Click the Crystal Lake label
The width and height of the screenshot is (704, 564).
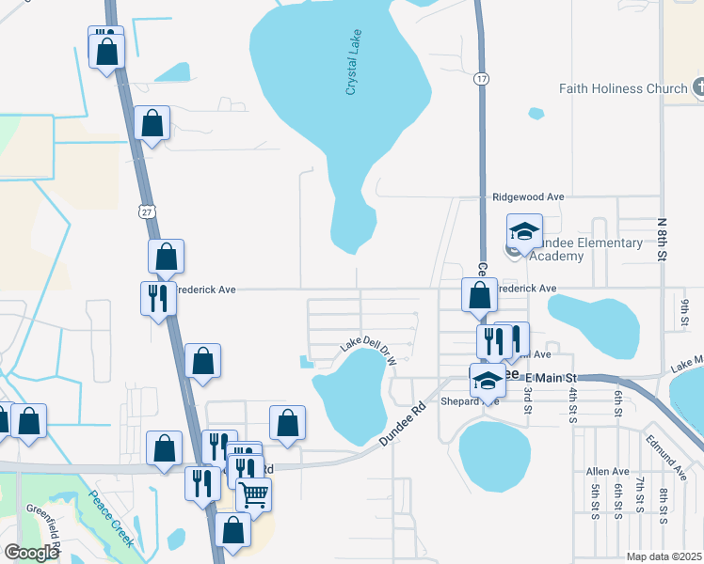pos(355,63)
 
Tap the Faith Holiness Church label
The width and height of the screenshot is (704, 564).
pos(623,88)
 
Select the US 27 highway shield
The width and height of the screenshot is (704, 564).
pos(145,212)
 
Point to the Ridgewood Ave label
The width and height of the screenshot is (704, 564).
pos(528,197)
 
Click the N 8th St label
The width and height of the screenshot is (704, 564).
pos(663,239)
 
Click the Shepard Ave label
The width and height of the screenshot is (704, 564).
pos(477,400)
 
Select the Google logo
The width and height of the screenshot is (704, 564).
pos(31,553)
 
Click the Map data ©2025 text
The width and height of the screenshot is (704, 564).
pos(664,556)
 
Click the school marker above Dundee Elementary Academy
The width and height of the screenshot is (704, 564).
pos(525,230)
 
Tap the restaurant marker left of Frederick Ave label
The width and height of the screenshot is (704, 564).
pos(158,297)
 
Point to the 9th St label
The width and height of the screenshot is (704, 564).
pos(685,309)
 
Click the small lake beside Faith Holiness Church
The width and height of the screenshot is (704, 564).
pos(536,114)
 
